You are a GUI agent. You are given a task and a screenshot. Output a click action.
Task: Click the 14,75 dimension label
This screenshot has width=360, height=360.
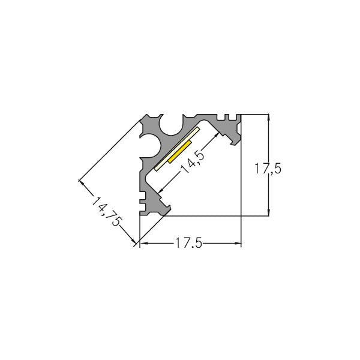106,211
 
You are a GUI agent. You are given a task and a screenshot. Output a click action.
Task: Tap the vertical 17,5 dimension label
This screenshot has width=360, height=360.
268,169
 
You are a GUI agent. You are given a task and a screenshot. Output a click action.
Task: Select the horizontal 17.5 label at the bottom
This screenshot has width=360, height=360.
188,243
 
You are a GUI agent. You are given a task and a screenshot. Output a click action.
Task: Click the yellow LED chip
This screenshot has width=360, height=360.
180,152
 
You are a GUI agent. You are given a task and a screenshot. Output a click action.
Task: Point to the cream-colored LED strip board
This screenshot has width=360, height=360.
177,149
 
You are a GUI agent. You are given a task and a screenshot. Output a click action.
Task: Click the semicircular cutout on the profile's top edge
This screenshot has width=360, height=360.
173,125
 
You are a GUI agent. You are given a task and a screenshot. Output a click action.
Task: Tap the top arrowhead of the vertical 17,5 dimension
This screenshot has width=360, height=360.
269,117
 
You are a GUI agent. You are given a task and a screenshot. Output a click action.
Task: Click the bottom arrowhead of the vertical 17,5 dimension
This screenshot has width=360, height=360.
269,213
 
